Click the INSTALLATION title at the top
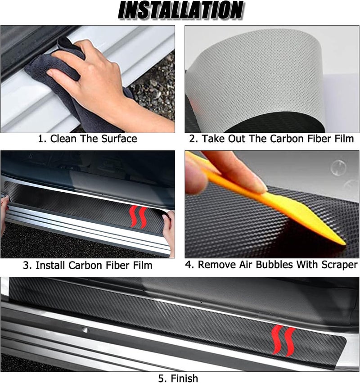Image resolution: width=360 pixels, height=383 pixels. pos(180,10)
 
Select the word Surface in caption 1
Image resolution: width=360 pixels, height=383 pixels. pos(119,139)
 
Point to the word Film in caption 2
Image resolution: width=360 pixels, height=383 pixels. pos(345,139)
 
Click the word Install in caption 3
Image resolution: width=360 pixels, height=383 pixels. pos(50,265)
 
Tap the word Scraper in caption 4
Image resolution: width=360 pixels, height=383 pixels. pos(339,265)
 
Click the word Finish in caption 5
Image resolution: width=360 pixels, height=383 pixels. pos(184,378)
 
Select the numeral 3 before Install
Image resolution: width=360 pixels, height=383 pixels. pos(26,265)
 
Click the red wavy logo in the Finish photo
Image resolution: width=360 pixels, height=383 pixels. pos(283,341)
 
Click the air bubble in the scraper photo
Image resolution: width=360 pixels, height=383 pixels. pos(338,167)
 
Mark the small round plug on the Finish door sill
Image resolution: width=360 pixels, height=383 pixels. pos(85,330)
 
